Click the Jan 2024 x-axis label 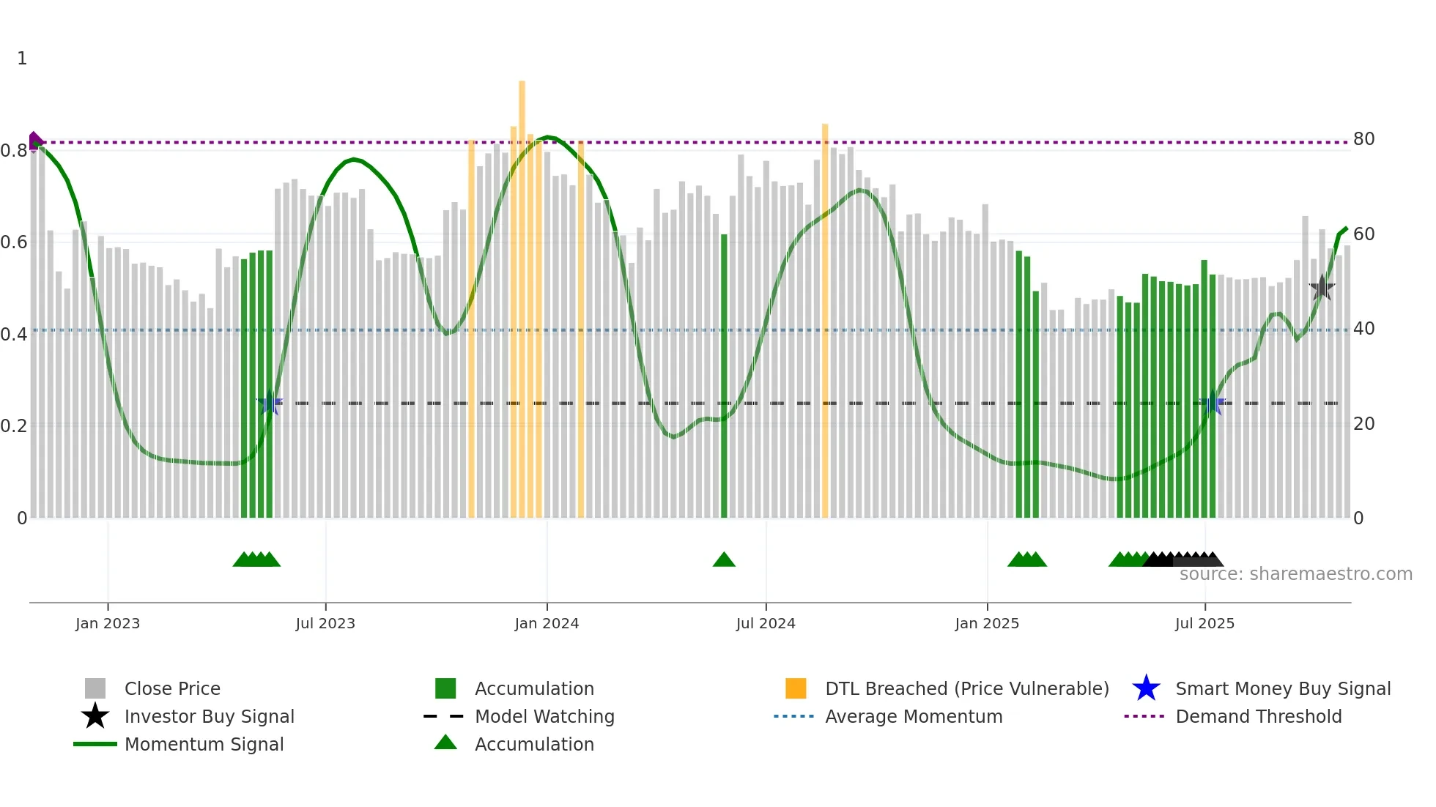click(x=547, y=623)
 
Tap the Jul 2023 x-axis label click(x=325, y=623)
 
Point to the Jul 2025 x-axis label click(x=1204, y=623)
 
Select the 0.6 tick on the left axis click(x=14, y=242)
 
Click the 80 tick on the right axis click(x=1363, y=139)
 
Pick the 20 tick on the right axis click(x=1363, y=424)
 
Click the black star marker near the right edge click(x=1322, y=288)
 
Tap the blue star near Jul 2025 click(x=1213, y=403)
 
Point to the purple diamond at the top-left click(x=34, y=141)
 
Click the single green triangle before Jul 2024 click(x=724, y=560)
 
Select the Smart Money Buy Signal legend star click(x=1146, y=688)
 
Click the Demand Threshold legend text click(x=1258, y=716)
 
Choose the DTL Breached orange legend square click(x=796, y=688)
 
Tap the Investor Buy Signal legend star click(x=95, y=716)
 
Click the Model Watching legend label click(x=544, y=716)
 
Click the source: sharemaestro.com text click(x=1295, y=574)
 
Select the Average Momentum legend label click(x=914, y=716)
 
